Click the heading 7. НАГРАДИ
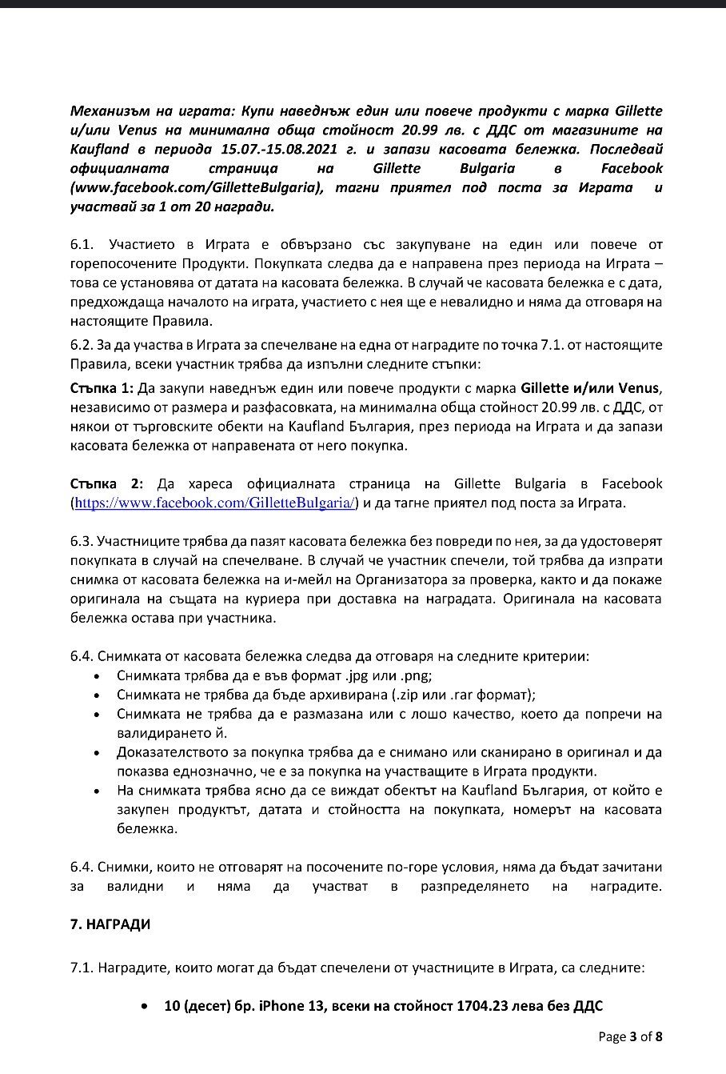point(110,924)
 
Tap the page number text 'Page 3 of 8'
point(630,1037)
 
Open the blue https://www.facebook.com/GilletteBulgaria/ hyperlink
point(214,503)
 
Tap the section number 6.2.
point(82,345)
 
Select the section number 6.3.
point(82,542)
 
